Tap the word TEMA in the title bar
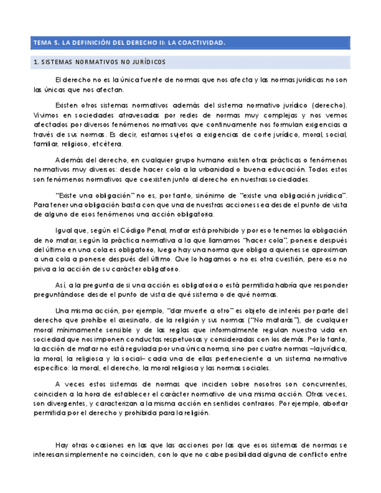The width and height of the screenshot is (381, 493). [42, 43]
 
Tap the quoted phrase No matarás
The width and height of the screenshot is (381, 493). [254, 319]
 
